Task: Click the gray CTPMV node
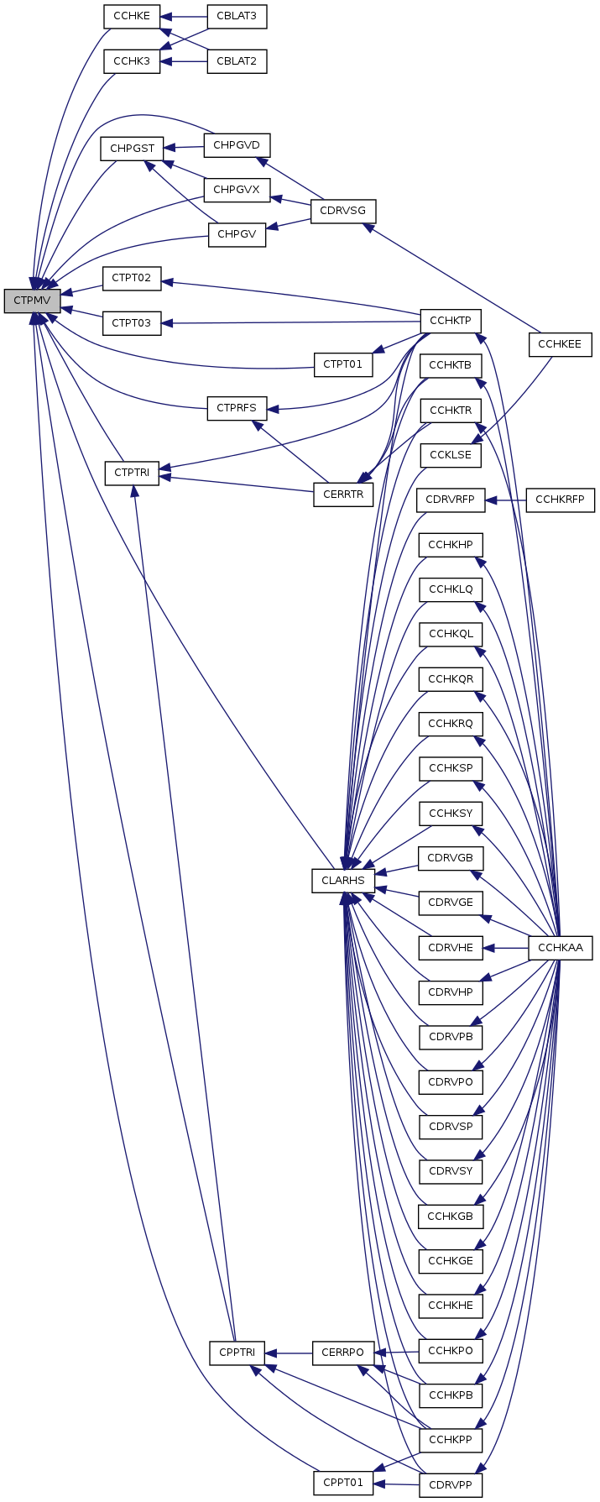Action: tap(32, 301)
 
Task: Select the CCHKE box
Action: tap(132, 16)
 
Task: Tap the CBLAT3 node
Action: tap(237, 16)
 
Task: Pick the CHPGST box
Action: tap(132, 149)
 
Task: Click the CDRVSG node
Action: tap(342, 210)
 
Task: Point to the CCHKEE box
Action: tap(560, 344)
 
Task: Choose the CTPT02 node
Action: tap(131, 278)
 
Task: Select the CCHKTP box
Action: tap(451, 321)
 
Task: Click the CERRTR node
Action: tap(342, 494)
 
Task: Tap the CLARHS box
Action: tap(342, 881)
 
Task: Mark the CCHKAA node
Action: tap(560, 948)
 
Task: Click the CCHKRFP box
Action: tap(560, 500)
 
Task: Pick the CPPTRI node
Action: tap(237, 1353)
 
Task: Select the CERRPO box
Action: tap(342, 1353)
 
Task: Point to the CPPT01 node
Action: tap(342, 1483)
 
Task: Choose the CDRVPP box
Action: tap(451, 1484)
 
